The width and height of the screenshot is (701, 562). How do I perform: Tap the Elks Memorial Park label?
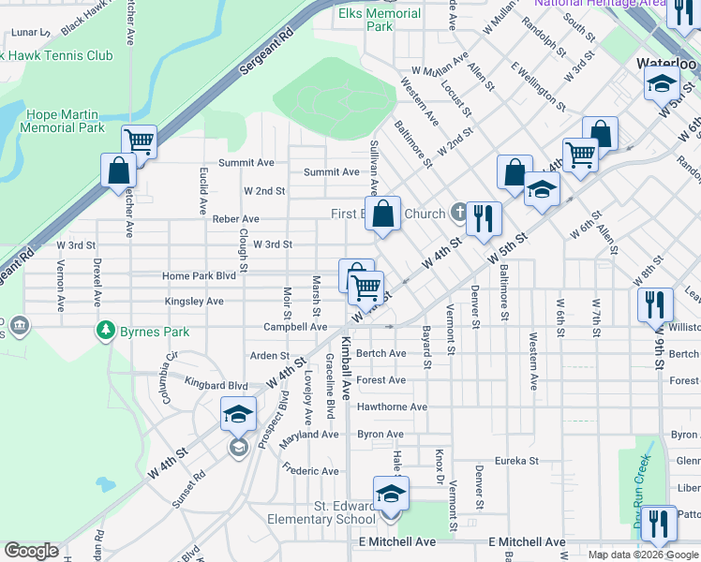click(379, 20)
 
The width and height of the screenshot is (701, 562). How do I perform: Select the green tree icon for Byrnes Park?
click(105, 331)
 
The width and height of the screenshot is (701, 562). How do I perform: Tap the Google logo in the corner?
click(31, 551)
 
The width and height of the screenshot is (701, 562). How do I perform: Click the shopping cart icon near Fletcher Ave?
click(139, 142)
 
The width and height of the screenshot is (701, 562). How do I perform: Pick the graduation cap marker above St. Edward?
click(391, 494)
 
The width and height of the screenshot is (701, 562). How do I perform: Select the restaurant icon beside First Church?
click(484, 219)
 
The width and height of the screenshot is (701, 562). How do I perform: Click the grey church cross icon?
click(458, 211)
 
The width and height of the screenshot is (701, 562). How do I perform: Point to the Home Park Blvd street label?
click(199, 276)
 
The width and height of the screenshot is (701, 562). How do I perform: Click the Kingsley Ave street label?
click(194, 302)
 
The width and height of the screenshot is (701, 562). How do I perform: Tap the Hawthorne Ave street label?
click(392, 407)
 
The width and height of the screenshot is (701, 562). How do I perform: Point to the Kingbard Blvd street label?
click(216, 385)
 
